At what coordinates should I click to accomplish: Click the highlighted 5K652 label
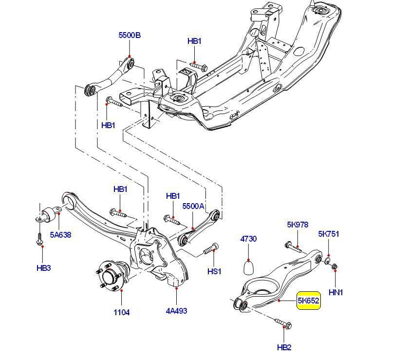309,301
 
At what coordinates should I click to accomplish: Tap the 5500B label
130,35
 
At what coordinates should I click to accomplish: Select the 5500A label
193,206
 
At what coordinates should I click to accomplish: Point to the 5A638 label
60,235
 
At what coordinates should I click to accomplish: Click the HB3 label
43,267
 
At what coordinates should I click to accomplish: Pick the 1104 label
122,312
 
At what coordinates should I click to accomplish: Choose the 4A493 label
176,310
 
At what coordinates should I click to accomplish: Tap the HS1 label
214,271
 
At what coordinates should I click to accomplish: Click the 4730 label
248,239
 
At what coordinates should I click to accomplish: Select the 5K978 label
297,225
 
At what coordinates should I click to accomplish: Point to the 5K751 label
329,234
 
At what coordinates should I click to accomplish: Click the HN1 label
336,292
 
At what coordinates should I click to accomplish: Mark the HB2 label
284,347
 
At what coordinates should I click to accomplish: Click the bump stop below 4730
249,267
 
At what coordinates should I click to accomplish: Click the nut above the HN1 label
335,266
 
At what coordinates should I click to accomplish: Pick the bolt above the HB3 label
39,238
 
